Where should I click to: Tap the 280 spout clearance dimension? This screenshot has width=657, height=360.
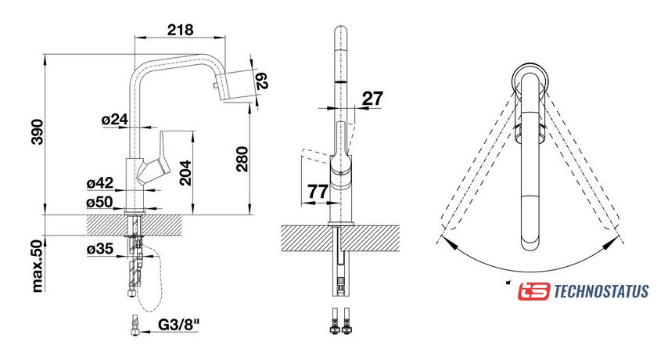(x=242, y=160)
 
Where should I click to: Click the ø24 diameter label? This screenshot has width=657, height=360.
(x=114, y=120)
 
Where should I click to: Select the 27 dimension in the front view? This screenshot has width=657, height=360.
(x=373, y=98)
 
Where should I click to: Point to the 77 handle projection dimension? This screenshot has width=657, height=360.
(x=317, y=190)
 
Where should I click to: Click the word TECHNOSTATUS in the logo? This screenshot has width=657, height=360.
(x=601, y=292)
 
